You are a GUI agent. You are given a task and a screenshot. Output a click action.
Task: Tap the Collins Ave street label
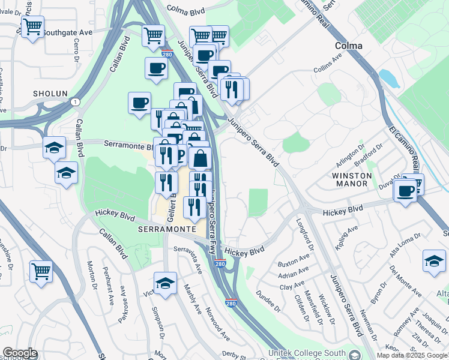click(328, 65)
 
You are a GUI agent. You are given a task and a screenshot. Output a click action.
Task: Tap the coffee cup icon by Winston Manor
click(406, 191)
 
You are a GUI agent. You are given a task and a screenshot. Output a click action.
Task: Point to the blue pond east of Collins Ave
click(389, 79)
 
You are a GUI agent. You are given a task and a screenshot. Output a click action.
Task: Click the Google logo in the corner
click(20, 353)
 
